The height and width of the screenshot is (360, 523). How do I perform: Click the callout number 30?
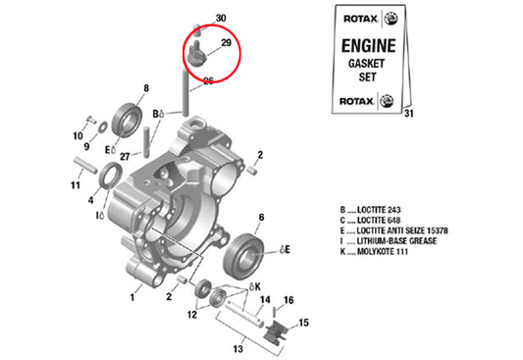tap(221, 18)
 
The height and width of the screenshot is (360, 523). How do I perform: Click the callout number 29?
tap(226, 42)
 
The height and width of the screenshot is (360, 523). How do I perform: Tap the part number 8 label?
tap(146, 88)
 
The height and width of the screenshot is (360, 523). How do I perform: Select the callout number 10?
tap(78, 136)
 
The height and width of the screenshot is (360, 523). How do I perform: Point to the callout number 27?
tap(125, 156)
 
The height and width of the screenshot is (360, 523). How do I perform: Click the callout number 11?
tap(76, 185)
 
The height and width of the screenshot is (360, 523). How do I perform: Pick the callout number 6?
tap(261, 218)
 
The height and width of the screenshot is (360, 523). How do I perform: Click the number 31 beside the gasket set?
tap(409, 114)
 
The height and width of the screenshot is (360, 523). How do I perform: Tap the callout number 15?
tap(303, 323)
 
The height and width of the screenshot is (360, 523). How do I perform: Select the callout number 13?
tap(238, 349)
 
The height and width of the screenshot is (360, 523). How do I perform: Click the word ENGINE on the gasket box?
tap(369, 46)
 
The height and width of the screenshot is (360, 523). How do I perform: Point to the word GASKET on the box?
tap(366, 64)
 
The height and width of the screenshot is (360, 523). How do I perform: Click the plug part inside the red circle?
tap(196, 54)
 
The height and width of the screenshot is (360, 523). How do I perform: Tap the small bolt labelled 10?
tap(90, 119)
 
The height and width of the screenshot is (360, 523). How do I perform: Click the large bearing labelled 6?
tap(243, 256)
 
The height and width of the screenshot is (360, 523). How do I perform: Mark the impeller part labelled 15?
tap(276, 331)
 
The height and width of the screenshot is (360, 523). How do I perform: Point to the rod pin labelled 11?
tap(85, 165)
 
